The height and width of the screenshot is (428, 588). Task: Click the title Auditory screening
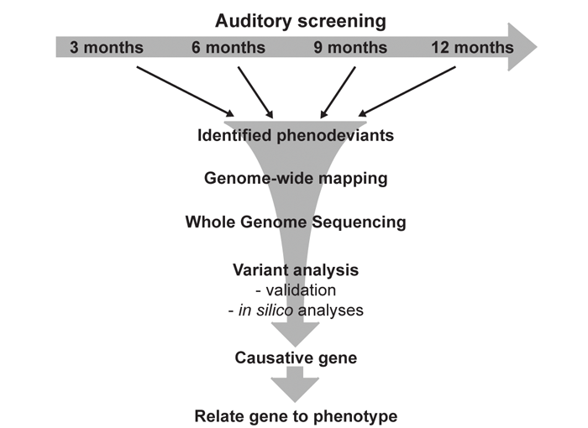click(x=300, y=19)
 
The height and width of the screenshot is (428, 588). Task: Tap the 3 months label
click(x=107, y=47)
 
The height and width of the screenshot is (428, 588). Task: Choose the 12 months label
click(x=472, y=47)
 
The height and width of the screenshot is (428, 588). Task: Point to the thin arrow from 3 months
click(x=185, y=90)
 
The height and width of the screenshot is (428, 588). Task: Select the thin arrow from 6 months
click(x=255, y=92)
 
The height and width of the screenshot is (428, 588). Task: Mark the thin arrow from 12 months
click(x=408, y=90)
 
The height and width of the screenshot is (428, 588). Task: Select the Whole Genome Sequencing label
click(x=296, y=222)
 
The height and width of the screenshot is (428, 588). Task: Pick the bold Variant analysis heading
click(x=296, y=270)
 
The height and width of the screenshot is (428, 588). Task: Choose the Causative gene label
click(x=296, y=358)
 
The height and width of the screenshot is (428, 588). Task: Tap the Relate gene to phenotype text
click(x=296, y=415)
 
